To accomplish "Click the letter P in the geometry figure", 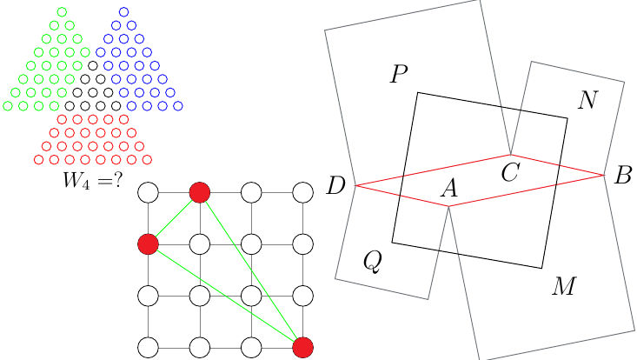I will click(x=399, y=75).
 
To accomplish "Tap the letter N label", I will click(x=587, y=101).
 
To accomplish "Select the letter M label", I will click(x=564, y=286).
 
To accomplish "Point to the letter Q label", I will click(x=372, y=262).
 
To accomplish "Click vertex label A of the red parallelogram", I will click(x=448, y=187).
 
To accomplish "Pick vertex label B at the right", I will click(x=622, y=176).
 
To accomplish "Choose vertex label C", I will click(x=510, y=172).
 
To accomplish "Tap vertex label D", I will click(x=336, y=185).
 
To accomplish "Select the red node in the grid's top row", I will click(x=200, y=192).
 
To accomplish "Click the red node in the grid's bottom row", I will click(x=302, y=348).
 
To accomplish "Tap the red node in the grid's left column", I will click(x=148, y=244).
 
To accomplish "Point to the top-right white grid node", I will click(x=302, y=192).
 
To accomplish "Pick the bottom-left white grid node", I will click(x=148, y=348).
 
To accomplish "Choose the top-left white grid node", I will click(x=148, y=192).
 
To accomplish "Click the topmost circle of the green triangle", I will click(x=62, y=12).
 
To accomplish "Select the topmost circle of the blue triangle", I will click(x=123, y=12).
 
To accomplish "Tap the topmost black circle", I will click(x=93, y=65).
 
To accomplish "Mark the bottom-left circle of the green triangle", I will click(x=8, y=106).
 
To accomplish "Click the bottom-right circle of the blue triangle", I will click(x=178, y=106).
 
